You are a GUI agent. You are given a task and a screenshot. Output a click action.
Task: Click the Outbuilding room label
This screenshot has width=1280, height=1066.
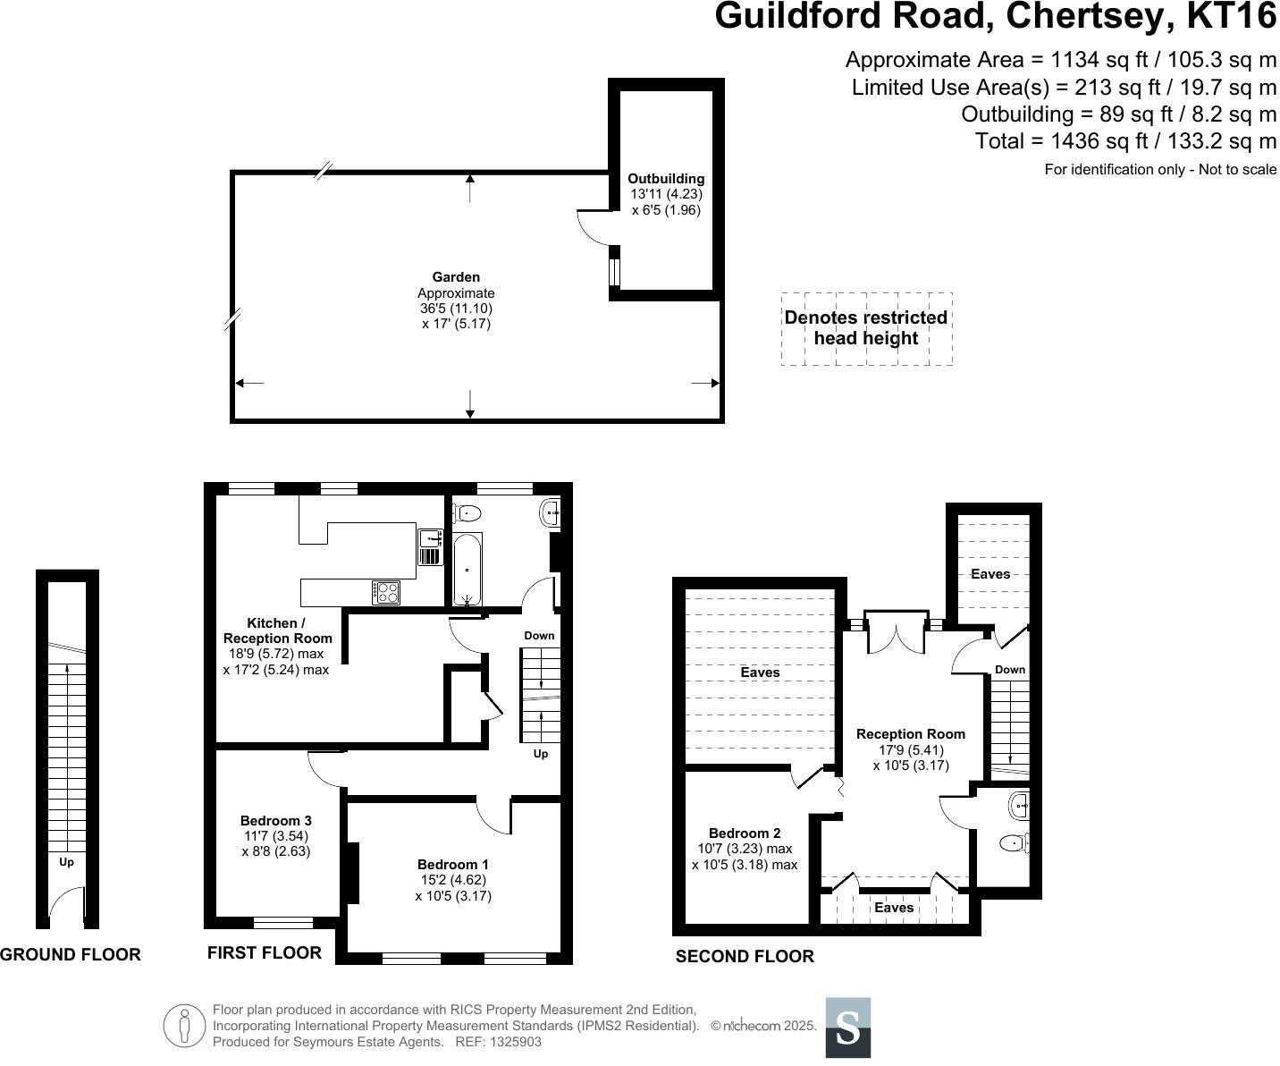[x=666, y=179]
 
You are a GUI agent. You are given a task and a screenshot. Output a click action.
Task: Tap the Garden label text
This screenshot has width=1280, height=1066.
[x=456, y=277]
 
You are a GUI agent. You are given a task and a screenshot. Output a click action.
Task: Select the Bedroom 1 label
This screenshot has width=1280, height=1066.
[x=453, y=865]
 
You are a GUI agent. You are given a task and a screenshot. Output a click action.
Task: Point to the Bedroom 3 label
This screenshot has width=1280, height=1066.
[x=276, y=821]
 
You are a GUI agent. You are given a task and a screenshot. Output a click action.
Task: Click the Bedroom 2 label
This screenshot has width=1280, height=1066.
[x=745, y=833]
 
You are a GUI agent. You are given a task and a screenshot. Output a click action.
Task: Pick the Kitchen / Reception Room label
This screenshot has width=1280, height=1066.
[x=277, y=630]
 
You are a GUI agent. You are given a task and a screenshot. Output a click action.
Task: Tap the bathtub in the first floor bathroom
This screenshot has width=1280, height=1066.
[x=467, y=569]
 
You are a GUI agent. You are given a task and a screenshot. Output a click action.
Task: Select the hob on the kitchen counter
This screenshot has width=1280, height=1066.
[x=386, y=592]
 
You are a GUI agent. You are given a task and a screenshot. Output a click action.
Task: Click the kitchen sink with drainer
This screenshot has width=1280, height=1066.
[x=431, y=546]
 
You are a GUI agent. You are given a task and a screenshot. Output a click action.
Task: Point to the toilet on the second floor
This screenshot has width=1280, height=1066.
[x=1015, y=842]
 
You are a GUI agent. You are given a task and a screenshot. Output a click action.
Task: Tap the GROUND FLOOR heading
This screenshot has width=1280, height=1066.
[x=71, y=955]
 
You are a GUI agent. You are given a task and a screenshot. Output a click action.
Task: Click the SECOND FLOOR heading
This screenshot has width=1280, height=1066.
[x=745, y=957]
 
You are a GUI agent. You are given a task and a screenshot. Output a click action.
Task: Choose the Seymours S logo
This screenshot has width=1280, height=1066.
[x=847, y=1028]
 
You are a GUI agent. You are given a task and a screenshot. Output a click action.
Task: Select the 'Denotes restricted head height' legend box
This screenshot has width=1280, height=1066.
[x=866, y=328]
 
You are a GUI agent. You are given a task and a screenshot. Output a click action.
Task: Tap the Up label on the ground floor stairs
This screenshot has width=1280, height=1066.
[x=66, y=862]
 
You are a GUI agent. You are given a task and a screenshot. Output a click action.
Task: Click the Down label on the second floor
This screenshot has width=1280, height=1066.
[x=1010, y=670]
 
